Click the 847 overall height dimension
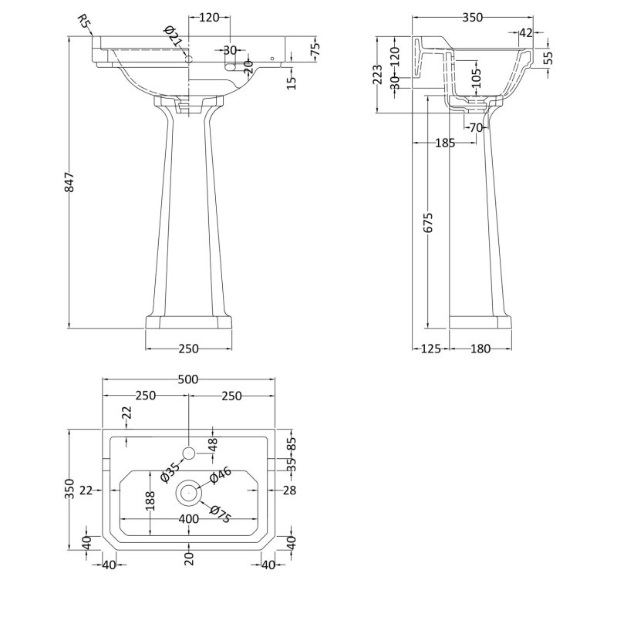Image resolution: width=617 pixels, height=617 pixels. click(69, 183)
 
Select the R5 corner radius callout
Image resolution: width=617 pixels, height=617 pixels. click(85, 23)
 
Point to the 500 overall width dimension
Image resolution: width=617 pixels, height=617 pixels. click(189, 379)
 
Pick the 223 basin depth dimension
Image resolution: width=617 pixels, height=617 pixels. click(377, 75)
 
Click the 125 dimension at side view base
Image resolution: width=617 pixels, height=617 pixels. click(430, 349)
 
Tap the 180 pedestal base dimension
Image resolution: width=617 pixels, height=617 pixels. click(480, 349)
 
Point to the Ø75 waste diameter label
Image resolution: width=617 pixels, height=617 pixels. click(220, 512)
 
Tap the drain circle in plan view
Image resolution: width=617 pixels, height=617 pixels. click(189, 491)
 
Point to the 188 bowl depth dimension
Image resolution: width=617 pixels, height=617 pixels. click(152, 501)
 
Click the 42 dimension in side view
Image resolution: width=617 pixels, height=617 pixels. click(527, 32)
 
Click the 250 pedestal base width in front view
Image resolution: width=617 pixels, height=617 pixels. click(189, 349)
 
